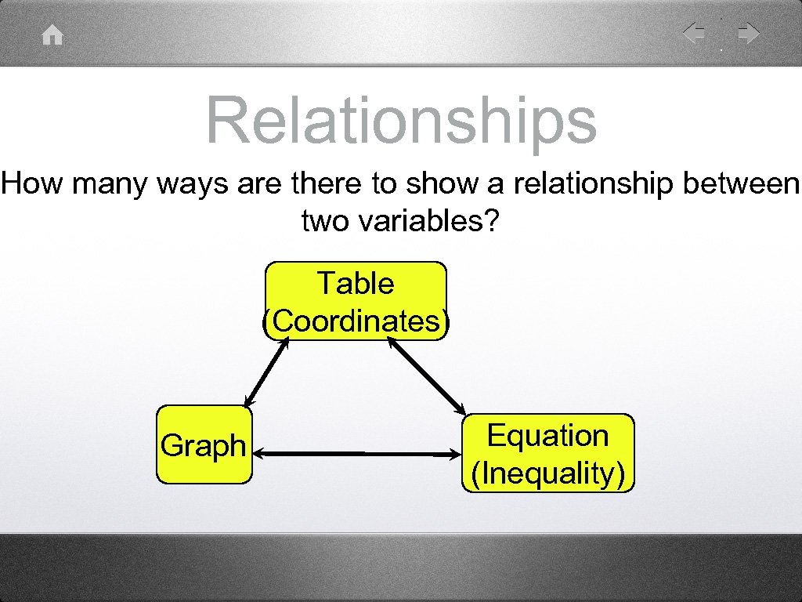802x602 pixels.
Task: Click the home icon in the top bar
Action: pyautogui.click(x=52, y=36)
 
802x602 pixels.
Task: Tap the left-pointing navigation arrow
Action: pyautogui.click(x=693, y=34)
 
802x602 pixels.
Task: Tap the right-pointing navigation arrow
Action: pyautogui.click(x=749, y=34)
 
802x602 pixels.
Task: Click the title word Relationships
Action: pyautogui.click(x=401, y=120)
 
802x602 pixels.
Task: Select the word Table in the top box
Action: pyautogui.click(x=356, y=283)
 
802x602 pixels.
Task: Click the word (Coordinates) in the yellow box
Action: pyautogui.click(x=356, y=321)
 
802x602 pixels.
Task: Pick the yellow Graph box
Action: pyautogui.click(x=204, y=444)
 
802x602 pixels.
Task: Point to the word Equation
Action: pyautogui.click(x=547, y=435)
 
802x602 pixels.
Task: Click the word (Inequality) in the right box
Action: pyautogui.click(x=547, y=473)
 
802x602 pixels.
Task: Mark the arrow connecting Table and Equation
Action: pyautogui.click(x=426, y=376)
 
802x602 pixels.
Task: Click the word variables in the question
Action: pyautogui.click(x=421, y=222)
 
